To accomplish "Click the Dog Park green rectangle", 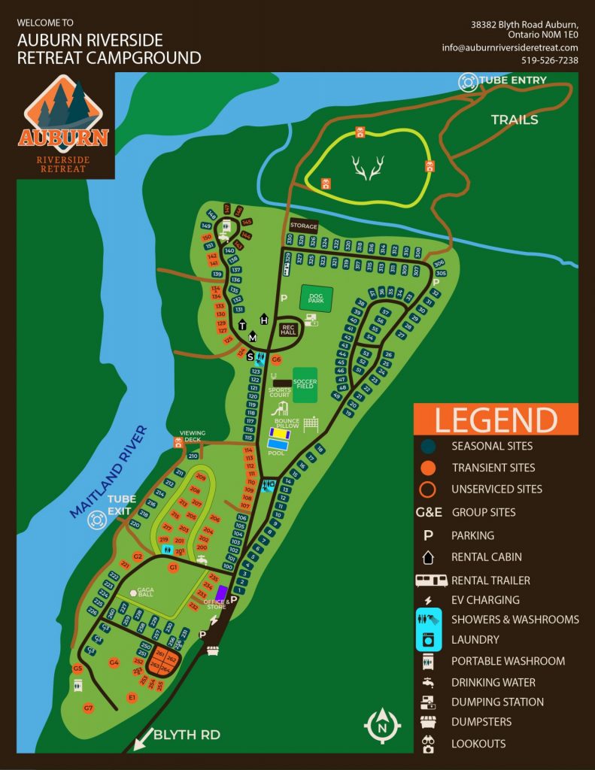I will coord(316,298).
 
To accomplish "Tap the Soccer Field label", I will coord(305,383).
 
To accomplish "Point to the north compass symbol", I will coord(382,723).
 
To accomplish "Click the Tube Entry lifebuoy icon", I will coord(469,81).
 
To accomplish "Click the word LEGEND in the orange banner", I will coord(496,420).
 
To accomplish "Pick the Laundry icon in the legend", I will coord(427,640).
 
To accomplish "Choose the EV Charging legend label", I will coord(485,600).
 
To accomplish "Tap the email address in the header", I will coord(510,47).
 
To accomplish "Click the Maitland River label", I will coord(109,472).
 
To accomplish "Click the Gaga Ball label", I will coord(145,593).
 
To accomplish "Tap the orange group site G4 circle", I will coord(114,662).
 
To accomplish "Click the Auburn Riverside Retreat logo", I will coord(64,126).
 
